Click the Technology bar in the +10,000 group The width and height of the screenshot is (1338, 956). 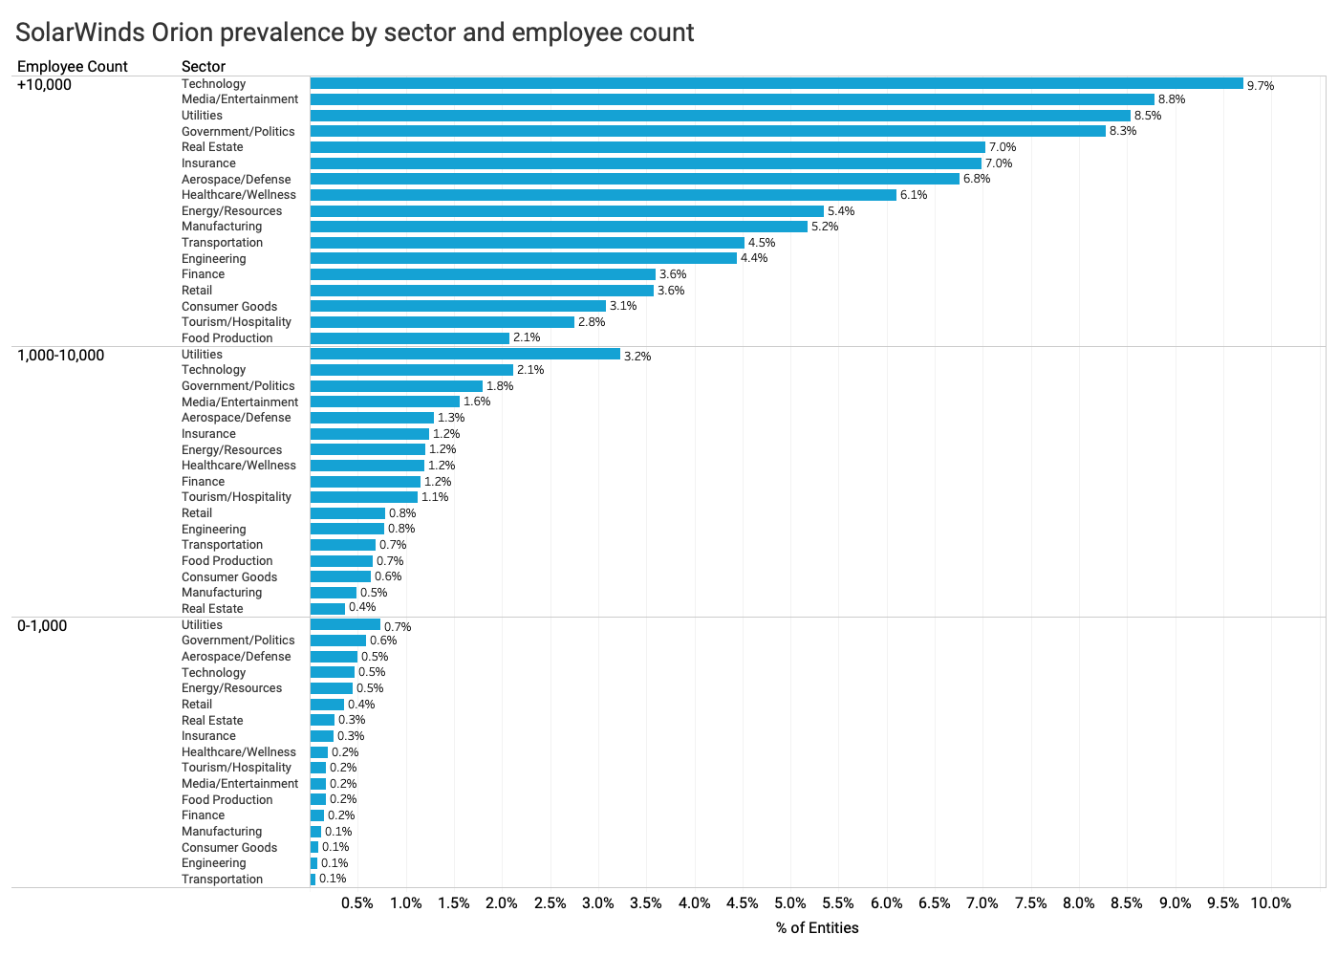[x=776, y=84]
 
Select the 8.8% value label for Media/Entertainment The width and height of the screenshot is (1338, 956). [x=1172, y=99]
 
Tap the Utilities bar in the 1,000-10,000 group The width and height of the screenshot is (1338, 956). [x=465, y=355]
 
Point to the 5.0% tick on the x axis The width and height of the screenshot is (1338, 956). [x=790, y=903]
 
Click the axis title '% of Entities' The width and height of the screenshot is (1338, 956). [x=817, y=928]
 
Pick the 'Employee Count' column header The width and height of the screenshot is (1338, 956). [x=73, y=67]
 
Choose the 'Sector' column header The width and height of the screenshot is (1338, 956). [x=204, y=67]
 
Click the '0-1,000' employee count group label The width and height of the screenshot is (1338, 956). [x=42, y=626]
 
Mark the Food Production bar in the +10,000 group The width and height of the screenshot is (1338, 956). [x=410, y=338]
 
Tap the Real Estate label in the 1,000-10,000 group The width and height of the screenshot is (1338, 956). [x=212, y=609]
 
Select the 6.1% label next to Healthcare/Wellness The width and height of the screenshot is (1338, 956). [x=914, y=195]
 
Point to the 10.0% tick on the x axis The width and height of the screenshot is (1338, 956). [x=1270, y=903]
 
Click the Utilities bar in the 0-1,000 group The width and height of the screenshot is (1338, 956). [x=345, y=625]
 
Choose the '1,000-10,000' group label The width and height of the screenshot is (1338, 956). [x=60, y=356]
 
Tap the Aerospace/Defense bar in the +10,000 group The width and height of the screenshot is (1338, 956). [x=635, y=179]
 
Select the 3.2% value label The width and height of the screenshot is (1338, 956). [x=637, y=357]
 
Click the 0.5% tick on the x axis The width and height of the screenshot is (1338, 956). [x=357, y=903]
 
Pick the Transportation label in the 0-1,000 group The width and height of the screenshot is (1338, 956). [x=222, y=880]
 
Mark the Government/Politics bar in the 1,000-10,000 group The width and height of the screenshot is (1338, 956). [x=397, y=386]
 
